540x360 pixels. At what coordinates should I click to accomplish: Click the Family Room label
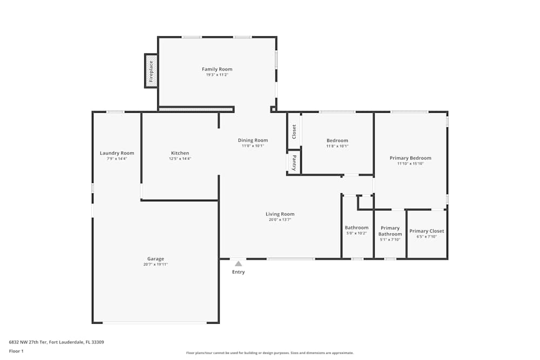click(217, 69)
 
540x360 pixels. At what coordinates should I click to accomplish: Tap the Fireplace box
click(151, 70)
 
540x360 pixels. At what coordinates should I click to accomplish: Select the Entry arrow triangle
click(238, 263)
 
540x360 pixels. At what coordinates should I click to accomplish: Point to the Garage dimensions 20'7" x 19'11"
click(156, 264)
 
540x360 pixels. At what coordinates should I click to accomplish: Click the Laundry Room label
click(117, 153)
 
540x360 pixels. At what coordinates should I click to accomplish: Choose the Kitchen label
click(180, 153)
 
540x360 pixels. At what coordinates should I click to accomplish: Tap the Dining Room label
click(253, 140)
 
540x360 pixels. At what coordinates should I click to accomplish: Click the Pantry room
click(294, 162)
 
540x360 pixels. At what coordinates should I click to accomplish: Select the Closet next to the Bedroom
click(294, 131)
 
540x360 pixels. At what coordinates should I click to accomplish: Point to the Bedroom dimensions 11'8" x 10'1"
click(337, 146)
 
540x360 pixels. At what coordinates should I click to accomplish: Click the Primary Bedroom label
click(410, 158)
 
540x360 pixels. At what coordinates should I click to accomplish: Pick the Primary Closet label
click(427, 231)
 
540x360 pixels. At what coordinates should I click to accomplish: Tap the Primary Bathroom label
click(390, 231)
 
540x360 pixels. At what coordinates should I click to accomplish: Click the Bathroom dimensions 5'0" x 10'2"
click(356, 233)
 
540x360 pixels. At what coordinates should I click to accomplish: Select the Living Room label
click(280, 214)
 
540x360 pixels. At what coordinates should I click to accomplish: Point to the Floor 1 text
click(16, 351)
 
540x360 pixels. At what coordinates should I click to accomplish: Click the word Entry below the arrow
click(238, 272)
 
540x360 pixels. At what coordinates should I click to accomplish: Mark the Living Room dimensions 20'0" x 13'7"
click(280, 220)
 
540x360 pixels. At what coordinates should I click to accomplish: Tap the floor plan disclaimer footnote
click(270, 353)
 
